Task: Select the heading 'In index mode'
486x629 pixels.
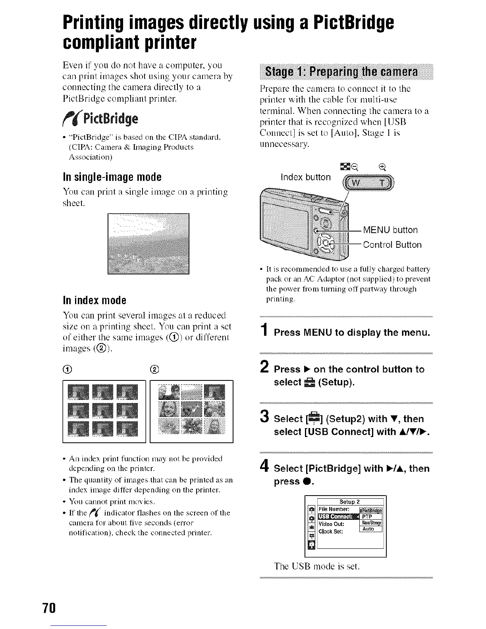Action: click(x=94, y=300)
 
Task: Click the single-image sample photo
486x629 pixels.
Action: click(x=148, y=244)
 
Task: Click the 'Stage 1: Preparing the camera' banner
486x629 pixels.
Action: click(x=344, y=73)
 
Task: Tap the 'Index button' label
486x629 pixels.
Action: click(x=305, y=177)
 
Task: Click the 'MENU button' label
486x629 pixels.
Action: click(x=390, y=230)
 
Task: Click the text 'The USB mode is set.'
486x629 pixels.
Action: click(x=317, y=566)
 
